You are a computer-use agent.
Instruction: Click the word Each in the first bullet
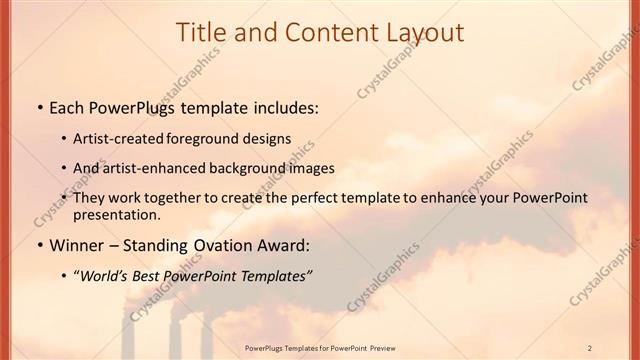(68, 107)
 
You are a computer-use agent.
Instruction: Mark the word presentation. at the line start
(117, 214)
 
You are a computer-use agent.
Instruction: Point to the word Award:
(286, 245)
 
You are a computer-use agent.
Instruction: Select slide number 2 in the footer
(590, 347)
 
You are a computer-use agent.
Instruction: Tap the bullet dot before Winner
(39, 246)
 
